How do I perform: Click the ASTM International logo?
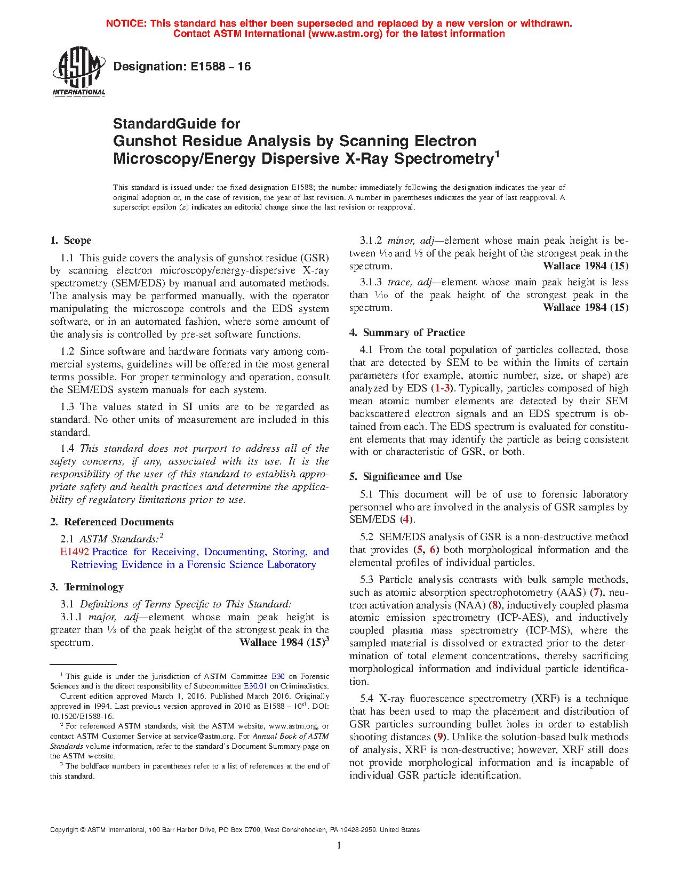click(78, 71)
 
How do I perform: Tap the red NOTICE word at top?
click(126, 23)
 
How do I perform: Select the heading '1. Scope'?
click(70, 241)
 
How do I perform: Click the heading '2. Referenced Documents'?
click(112, 522)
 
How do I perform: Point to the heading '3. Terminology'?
click(87, 587)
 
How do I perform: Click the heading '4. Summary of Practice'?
click(407, 333)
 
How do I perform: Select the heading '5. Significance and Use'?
click(405, 477)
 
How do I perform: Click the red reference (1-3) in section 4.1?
click(442, 388)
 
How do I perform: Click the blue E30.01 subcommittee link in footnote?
click(255, 686)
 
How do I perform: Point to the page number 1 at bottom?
click(339, 845)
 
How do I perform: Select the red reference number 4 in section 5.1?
click(406, 519)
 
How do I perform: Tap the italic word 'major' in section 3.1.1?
click(102, 617)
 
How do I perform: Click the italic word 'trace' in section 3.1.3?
click(399, 282)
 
